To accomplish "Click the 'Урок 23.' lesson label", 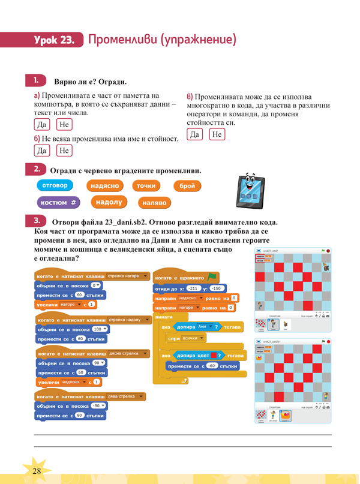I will (55, 40).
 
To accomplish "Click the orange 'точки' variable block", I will (146, 187).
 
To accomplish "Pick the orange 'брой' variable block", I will (188, 187).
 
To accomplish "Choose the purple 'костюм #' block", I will (58, 203).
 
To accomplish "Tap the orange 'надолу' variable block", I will (109, 202).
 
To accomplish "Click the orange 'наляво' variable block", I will (154, 203).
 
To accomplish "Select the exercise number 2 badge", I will (37, 170).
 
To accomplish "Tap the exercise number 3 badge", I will (37, 220).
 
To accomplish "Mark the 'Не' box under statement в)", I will (217, 134).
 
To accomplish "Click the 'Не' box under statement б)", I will (64, 150).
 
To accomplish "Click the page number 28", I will (37, 470).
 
